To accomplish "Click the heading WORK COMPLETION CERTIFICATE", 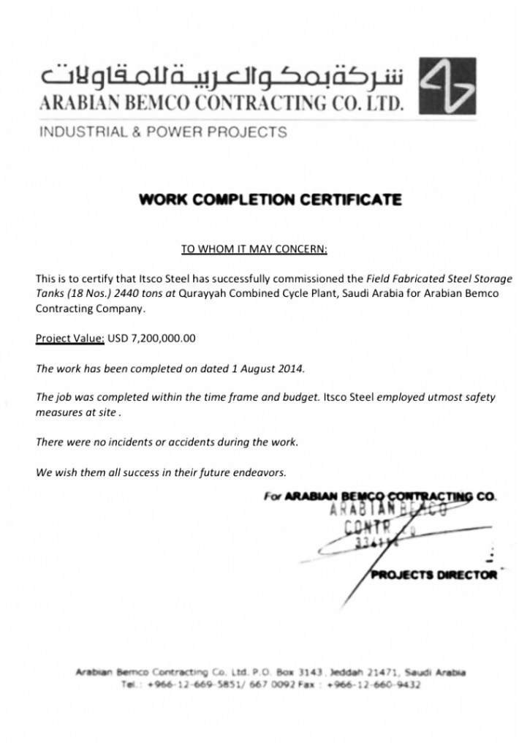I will (270, 200).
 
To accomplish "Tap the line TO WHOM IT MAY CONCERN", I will (254, 249).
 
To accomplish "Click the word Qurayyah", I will (203, 294).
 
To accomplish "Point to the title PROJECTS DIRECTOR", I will (433, 575).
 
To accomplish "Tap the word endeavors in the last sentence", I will (262, 472).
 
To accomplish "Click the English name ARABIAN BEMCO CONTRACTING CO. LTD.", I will (221, 104).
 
